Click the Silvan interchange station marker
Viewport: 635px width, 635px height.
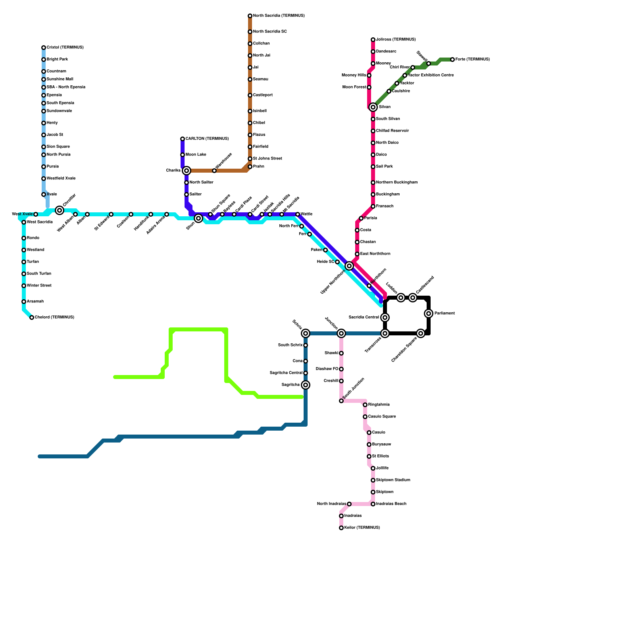[373, 107]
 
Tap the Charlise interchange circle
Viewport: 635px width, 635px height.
[187, 171]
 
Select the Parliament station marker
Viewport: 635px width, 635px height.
[429, 314]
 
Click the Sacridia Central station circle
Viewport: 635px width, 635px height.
[385, 317]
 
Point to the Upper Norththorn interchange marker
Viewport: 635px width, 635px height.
[349, 266]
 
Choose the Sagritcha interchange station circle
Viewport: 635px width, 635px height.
[306, 385]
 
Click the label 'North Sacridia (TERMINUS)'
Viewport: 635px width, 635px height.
[279, 16]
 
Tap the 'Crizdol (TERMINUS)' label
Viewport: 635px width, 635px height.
[65, 48]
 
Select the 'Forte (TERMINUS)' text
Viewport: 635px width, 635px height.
[472, 60]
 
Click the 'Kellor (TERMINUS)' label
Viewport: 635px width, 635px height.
[362, 528]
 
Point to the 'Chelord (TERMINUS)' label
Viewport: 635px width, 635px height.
[54, 317]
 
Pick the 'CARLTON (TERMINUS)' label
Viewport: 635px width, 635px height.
[207, 139]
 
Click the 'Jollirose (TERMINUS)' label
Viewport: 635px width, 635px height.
[396, 40]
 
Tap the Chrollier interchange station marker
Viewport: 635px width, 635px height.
[60, 210]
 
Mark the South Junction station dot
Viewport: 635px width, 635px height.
[341, 401]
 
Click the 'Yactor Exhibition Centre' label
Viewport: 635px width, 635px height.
[431, 75]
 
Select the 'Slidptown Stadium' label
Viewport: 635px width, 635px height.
[393, 480]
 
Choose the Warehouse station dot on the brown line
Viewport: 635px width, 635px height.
[214, 171]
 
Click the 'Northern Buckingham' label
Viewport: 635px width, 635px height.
[396, 183]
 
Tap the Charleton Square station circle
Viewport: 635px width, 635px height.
[421, 333]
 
